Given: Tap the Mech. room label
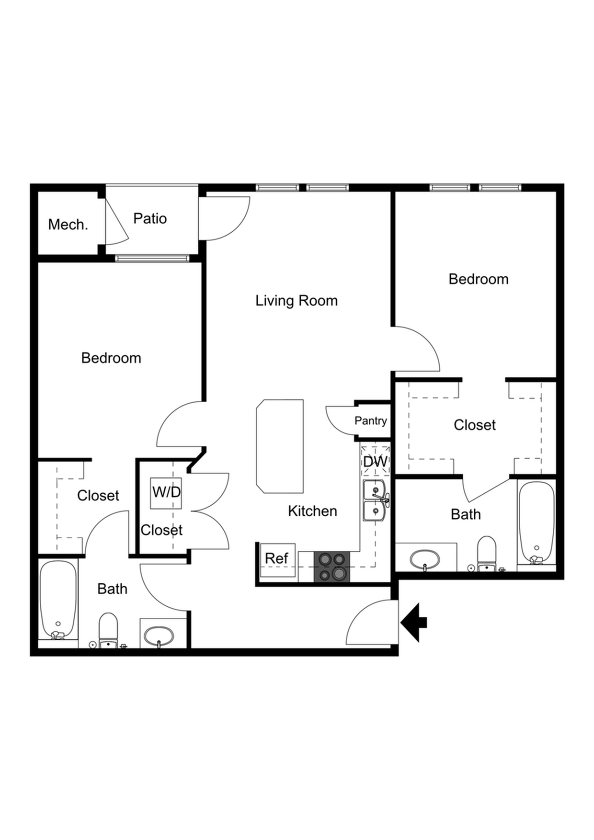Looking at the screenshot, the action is tap(68, 224).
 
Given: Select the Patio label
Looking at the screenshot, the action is tap(150, 218).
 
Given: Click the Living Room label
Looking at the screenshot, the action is tap(297, 301).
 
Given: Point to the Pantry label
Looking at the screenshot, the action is tap(371, 420).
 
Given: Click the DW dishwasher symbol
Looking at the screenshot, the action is tap(376, 461).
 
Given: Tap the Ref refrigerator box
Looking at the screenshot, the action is tap(277, 560).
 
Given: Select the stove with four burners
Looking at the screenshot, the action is tap(331, 567).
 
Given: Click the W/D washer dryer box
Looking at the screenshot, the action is tap(166, 493).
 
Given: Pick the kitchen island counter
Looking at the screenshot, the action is tap(280, 446).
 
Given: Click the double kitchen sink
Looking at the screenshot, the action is tap(376, 500).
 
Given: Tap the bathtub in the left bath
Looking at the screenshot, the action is tap(58, 601).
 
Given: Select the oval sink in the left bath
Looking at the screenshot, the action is tap(159, 636).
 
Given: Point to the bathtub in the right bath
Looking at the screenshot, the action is tap(537, 523).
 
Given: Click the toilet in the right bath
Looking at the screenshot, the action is tap(487, 554).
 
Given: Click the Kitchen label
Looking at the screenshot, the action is tap(312, 511).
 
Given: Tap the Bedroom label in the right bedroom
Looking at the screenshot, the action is tap(479, 279).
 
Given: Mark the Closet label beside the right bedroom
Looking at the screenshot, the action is tap(475, 425).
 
